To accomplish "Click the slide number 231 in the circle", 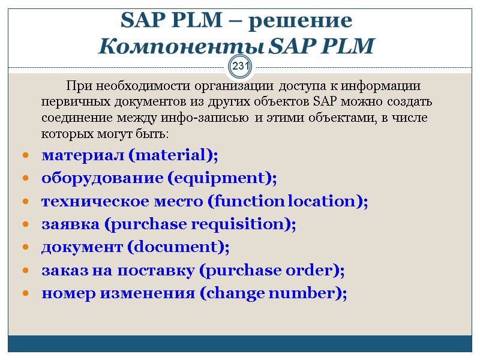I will (241, 67).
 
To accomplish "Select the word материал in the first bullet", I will (83, 155).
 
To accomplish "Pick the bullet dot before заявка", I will (26, 225).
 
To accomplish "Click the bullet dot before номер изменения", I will (26, 294).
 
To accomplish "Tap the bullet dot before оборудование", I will (26, 179).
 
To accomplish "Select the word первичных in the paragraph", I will (69, 101).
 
